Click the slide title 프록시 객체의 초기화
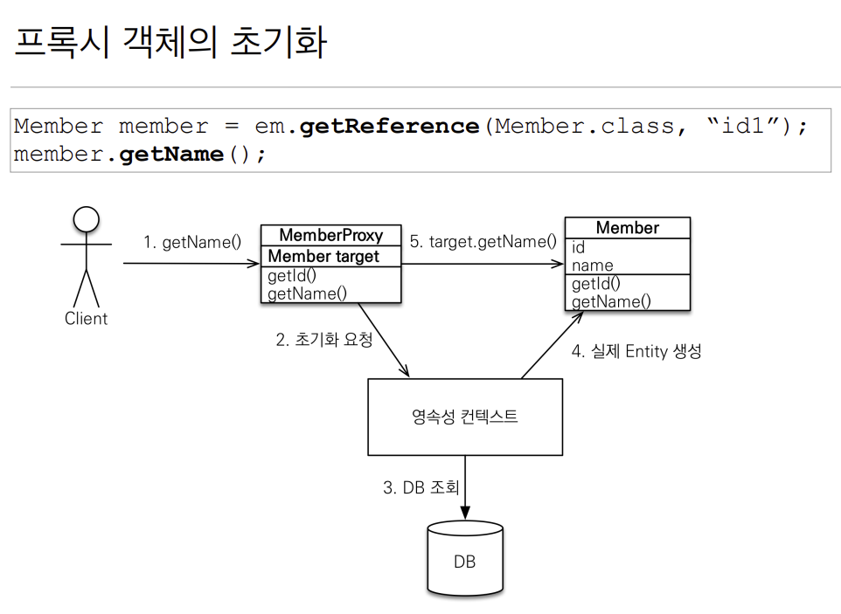(170, 42)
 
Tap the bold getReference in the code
(389, 127)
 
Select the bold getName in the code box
(171, 155)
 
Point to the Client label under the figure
(86, 319)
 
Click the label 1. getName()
(192, 242)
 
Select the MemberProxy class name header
(330, 236)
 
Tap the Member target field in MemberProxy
(323, 257)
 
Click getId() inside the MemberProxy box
(292, 277)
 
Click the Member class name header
(627, 228)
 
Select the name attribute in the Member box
(593, 266)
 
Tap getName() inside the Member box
(611, 302)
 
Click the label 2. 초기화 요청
(323, 340)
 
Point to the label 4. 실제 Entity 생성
(636, 352)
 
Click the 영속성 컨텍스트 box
(464, 417)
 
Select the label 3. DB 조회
(420, 487)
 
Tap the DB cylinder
(464, 559)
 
